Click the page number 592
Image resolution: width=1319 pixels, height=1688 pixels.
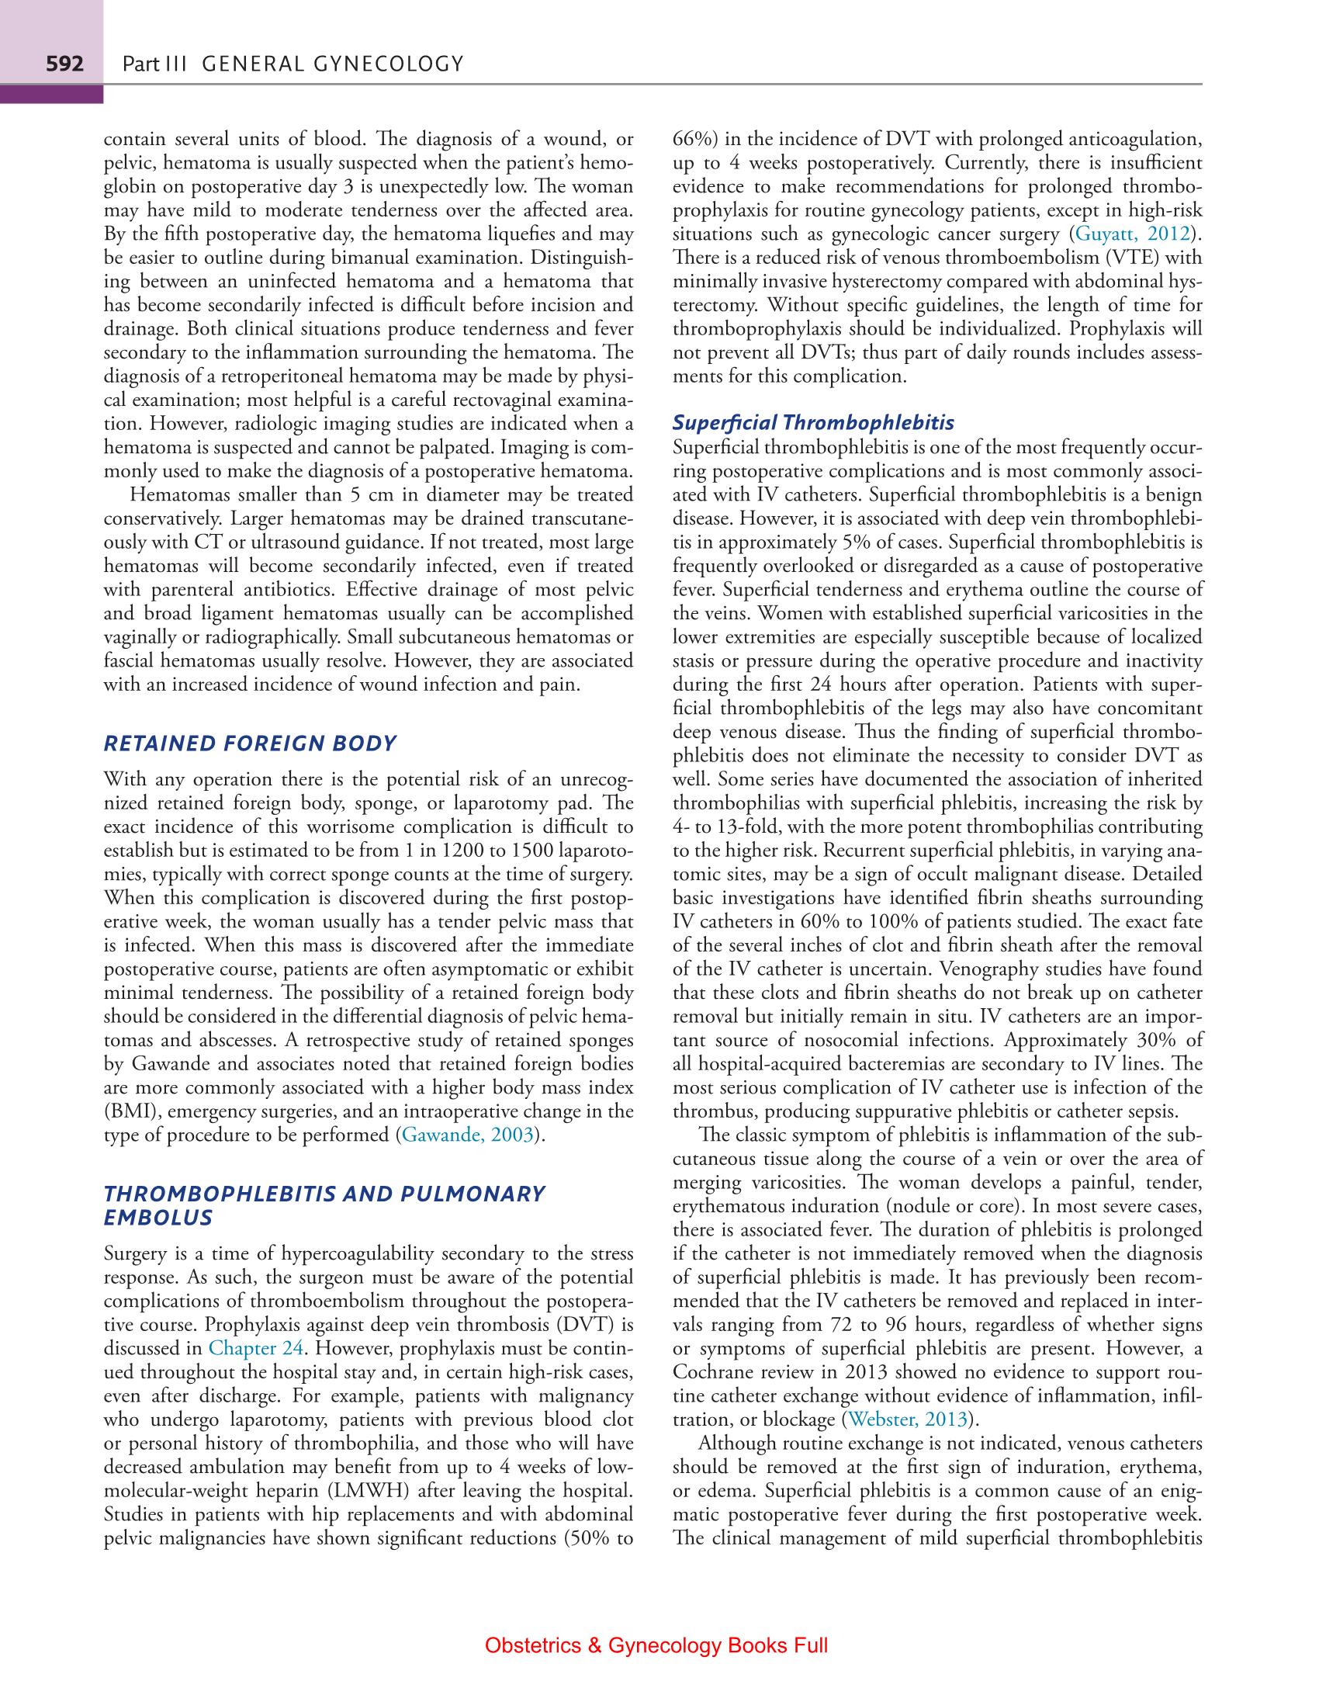(x=64, y=64)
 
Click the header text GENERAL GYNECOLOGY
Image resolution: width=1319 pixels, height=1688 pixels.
(x=332, y=64)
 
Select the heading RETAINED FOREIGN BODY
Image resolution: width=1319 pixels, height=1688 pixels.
(x=250, y=743)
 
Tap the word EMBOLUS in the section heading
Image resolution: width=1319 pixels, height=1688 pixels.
(x=158, y=1217)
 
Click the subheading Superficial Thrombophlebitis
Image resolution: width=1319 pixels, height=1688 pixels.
(x=814, y=423)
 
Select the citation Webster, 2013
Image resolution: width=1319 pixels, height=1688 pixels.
(x=908, y=1420)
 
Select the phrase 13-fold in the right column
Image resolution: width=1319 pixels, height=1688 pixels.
(x=752, y=827)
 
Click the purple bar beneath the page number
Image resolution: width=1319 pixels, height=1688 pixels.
(x=51, y=95)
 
